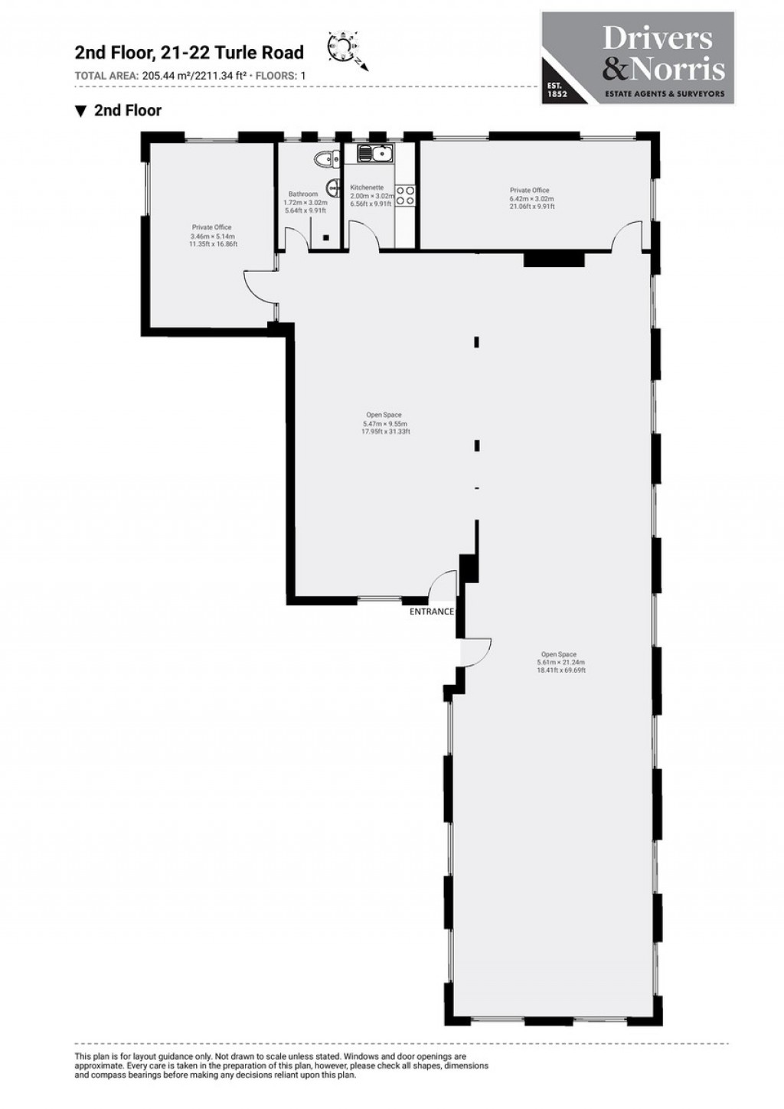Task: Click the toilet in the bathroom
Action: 325,160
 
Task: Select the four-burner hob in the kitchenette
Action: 405,195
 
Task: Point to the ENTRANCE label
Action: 432,612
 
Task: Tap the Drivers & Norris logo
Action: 637,57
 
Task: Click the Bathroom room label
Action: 303,194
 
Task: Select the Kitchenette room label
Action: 366,188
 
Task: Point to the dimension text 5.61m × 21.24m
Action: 561,662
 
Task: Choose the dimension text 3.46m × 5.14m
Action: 212,236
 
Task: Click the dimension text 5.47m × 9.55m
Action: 385,423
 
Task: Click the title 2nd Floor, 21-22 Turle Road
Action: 188,53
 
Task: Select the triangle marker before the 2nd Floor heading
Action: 80,111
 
